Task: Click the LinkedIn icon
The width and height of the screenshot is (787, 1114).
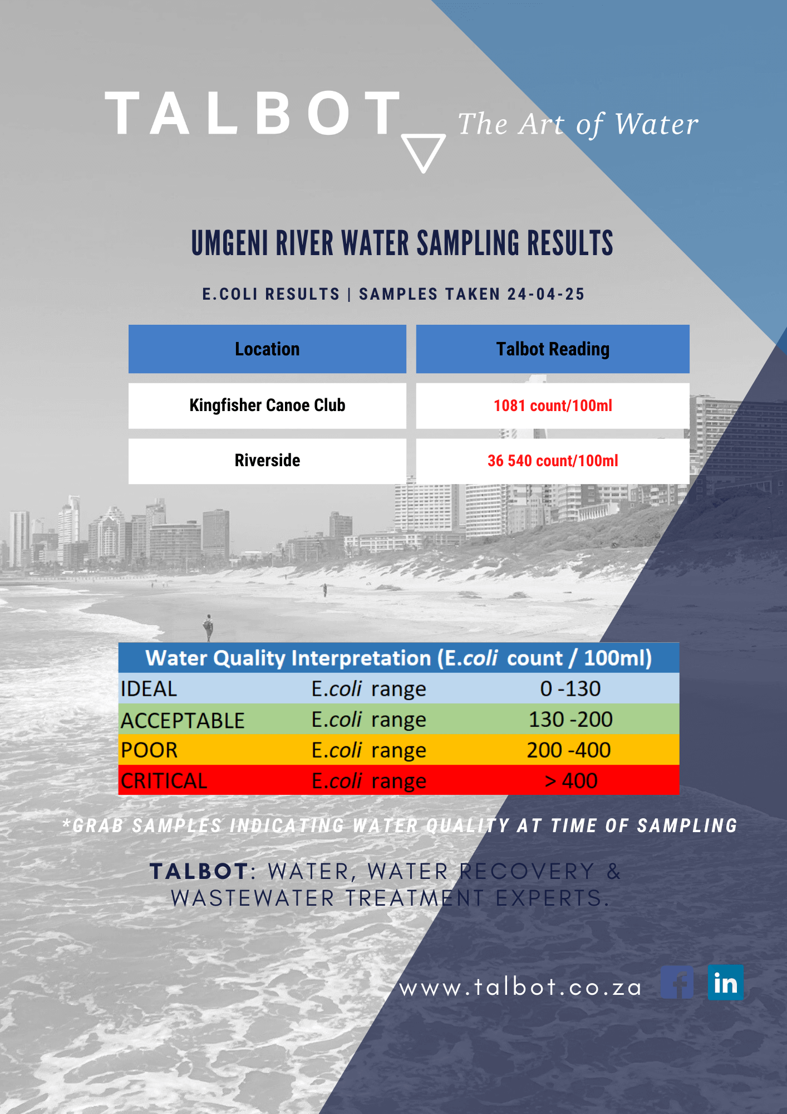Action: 725,983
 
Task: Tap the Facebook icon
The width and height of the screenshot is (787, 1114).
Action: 677,983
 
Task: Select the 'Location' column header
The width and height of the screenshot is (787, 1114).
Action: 267,349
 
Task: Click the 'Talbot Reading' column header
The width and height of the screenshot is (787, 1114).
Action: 553,349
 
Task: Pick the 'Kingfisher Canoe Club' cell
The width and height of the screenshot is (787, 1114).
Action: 267,405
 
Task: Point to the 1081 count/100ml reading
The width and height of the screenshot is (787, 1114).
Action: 553,405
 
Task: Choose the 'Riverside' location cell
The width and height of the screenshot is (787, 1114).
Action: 267,461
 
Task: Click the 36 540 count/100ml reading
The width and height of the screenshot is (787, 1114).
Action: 553,461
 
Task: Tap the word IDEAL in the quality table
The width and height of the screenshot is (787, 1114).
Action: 149,689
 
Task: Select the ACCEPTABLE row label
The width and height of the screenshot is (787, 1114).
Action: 183,720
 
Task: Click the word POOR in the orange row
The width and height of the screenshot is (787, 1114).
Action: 149,750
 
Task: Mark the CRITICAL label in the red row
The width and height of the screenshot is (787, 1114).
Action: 164,781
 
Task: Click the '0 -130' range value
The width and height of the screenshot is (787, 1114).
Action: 570,689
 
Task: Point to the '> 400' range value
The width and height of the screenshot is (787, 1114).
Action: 570,781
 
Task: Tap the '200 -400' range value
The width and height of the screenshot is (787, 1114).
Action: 569,750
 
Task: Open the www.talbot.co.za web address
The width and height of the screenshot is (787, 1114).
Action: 520,988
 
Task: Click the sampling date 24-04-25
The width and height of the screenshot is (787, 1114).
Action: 545,294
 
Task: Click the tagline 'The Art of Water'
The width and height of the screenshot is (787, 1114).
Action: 578,124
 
